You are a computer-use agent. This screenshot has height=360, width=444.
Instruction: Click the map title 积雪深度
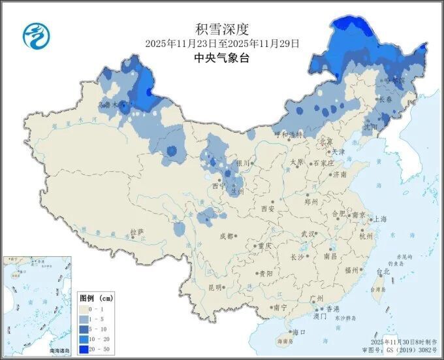(x=222, y=29)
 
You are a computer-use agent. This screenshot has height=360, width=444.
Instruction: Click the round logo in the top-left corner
(x=37, y=36)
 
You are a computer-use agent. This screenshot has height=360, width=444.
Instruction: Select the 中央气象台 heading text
(x=222, y=57)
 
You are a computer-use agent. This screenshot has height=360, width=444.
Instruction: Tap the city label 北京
(x=326, y=142)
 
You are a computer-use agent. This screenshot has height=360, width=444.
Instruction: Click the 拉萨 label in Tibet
(x=136, y=232)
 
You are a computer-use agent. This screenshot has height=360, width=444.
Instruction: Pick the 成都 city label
(x=226, y=236)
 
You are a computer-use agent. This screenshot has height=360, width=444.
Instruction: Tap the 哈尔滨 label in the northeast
(x=395, y=80)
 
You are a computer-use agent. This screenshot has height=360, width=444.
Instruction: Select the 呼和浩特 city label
(x=289, y=135)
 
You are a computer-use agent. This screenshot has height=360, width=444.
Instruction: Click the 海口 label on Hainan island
(x=300, y=332)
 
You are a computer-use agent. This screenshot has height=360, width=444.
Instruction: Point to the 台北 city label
(x=383, y=271)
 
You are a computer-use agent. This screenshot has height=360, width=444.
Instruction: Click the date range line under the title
(x=222, y=44)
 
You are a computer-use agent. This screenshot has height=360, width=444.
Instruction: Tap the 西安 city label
(x=268, y=209)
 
